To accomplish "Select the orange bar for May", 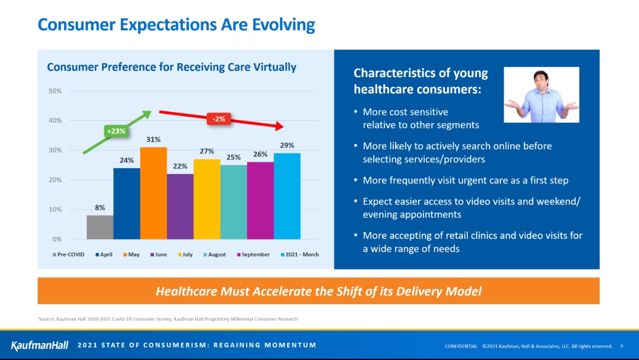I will coord(154,193).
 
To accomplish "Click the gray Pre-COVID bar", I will coord(100,227).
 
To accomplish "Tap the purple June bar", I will coord(180,207).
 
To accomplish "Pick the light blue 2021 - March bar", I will coord(287,196).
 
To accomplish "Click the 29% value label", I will coord(287,145).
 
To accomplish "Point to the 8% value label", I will coord(100,208).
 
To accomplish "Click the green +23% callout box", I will coord(116,131).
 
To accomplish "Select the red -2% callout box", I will coord(219,119).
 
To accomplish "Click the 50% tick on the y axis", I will coord(55,91).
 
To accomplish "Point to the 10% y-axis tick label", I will coord(55,210).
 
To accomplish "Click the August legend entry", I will coord(214,254).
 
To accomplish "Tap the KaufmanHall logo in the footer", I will coord(39,345).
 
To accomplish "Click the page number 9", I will coord(621,346).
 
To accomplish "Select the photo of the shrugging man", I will coord(542,95).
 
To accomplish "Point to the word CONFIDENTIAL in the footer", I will coord(461,346).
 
